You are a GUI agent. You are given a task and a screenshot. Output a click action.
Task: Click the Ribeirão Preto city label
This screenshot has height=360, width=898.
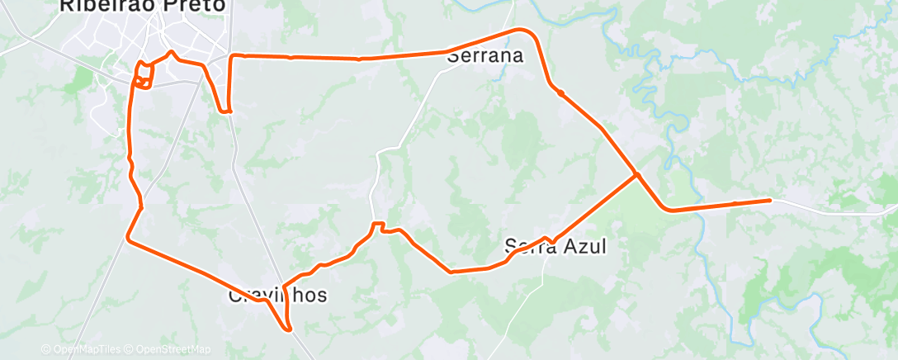(x=142, y=5)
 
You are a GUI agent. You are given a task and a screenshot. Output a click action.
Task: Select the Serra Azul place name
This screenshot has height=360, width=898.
(x=555, y=246)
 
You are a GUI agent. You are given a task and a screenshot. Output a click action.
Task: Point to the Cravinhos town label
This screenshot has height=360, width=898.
(x=277, y=295)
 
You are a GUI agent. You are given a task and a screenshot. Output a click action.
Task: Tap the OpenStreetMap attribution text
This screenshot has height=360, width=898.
(x=173, y=349)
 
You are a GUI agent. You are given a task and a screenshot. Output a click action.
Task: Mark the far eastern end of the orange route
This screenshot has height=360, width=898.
(x=770, y=200)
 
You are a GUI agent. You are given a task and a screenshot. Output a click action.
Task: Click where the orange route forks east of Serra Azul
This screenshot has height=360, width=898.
(x=636, y=174)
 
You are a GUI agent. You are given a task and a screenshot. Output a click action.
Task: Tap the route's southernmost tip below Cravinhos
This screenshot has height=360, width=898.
(x=290, y=330)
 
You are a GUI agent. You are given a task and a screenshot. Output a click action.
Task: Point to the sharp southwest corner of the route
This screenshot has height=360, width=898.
(x=128, y=238)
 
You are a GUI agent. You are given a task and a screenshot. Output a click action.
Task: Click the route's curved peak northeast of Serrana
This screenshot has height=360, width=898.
(x=520, y=31)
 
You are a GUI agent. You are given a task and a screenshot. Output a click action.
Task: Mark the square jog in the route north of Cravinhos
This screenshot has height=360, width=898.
(x=378, y=225)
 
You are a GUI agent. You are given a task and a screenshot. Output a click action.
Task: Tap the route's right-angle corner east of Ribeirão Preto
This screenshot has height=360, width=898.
(x=231, y=56)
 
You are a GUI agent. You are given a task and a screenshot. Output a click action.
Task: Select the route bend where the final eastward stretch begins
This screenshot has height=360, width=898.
(x=672, y=210)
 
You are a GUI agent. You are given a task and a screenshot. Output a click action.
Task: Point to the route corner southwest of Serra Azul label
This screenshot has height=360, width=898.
(x=451, y=271)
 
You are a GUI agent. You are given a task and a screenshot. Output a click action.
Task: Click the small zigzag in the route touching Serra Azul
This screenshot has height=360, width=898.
(x=548, y=239)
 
